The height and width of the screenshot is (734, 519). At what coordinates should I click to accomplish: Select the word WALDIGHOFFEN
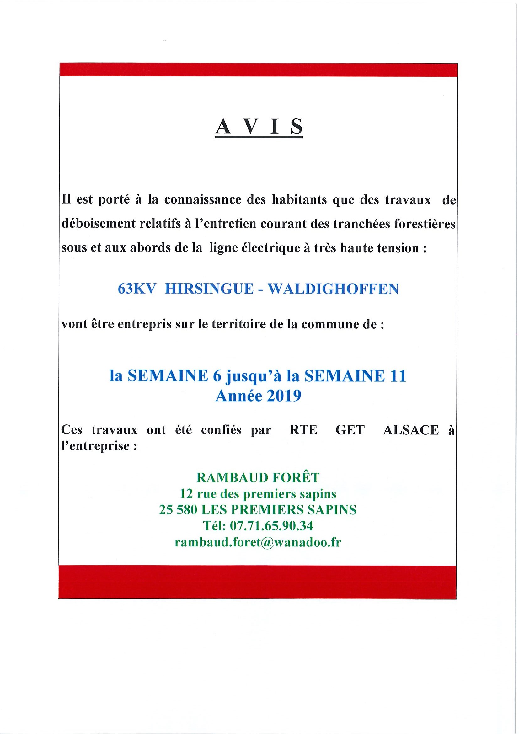333,289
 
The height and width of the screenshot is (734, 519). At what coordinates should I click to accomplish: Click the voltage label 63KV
136,289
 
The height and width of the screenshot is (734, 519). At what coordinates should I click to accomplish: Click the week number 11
398,376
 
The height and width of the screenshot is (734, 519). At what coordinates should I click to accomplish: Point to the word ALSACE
411,430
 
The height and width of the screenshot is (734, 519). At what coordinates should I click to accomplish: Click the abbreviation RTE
303,430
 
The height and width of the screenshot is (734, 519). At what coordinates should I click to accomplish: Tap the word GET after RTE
350,430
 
